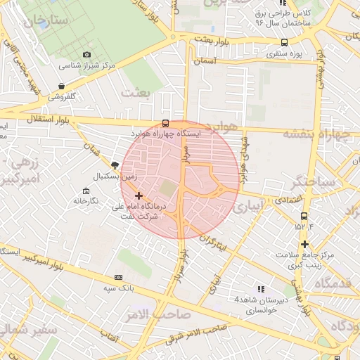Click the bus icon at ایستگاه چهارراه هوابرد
(165, 124)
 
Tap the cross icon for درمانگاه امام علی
(139, 195)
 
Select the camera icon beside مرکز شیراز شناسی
(86, 55)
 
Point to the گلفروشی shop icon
(62, 86)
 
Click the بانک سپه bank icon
(118, 278)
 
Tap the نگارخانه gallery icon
(86, 191)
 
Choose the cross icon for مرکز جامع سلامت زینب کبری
(304, 244)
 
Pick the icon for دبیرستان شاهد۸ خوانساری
(260, 289)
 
